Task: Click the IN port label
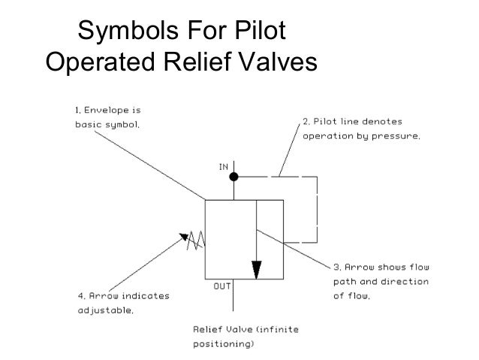[x=223, y=167]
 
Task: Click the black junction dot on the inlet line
[x=234, y=177]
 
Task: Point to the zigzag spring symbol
[x=197, y=241]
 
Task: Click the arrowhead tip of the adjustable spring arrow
[x=180, y=234]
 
